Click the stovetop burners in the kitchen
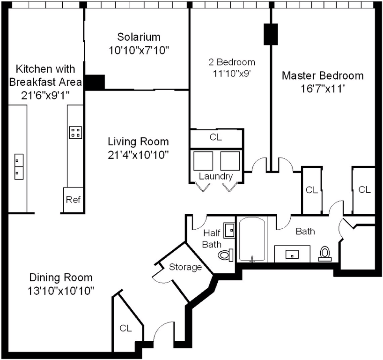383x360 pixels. (x=75, y=133)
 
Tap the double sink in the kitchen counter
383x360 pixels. (x=19, y=167)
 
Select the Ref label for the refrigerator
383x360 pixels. (x=73, y=200)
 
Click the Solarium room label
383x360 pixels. (x=139, y=37)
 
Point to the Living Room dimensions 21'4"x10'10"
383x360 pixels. (x=138, y=155)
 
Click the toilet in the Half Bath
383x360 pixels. (x=226, y=255)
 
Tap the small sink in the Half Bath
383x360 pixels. (x=229, y=230)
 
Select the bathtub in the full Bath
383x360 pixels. (x=252, y=240)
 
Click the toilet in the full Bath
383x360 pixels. (x=324, y=254)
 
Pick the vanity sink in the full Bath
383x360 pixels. (x=292, y=255)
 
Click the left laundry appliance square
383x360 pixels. (x=203, y=161)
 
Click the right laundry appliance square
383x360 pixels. (x=230, y=161)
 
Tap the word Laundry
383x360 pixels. (x=216, y=176)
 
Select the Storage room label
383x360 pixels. (x=185, y=267)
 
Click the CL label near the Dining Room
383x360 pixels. (x=125, y=328)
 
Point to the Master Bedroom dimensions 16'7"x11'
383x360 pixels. (x=323, y=89)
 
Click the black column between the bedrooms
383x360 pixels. (x=271, y=34)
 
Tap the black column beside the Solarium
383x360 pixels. (x=95, y=82)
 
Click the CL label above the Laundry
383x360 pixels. (x=216, y=137)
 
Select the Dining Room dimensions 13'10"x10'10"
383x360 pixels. (x=61, y=291)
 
